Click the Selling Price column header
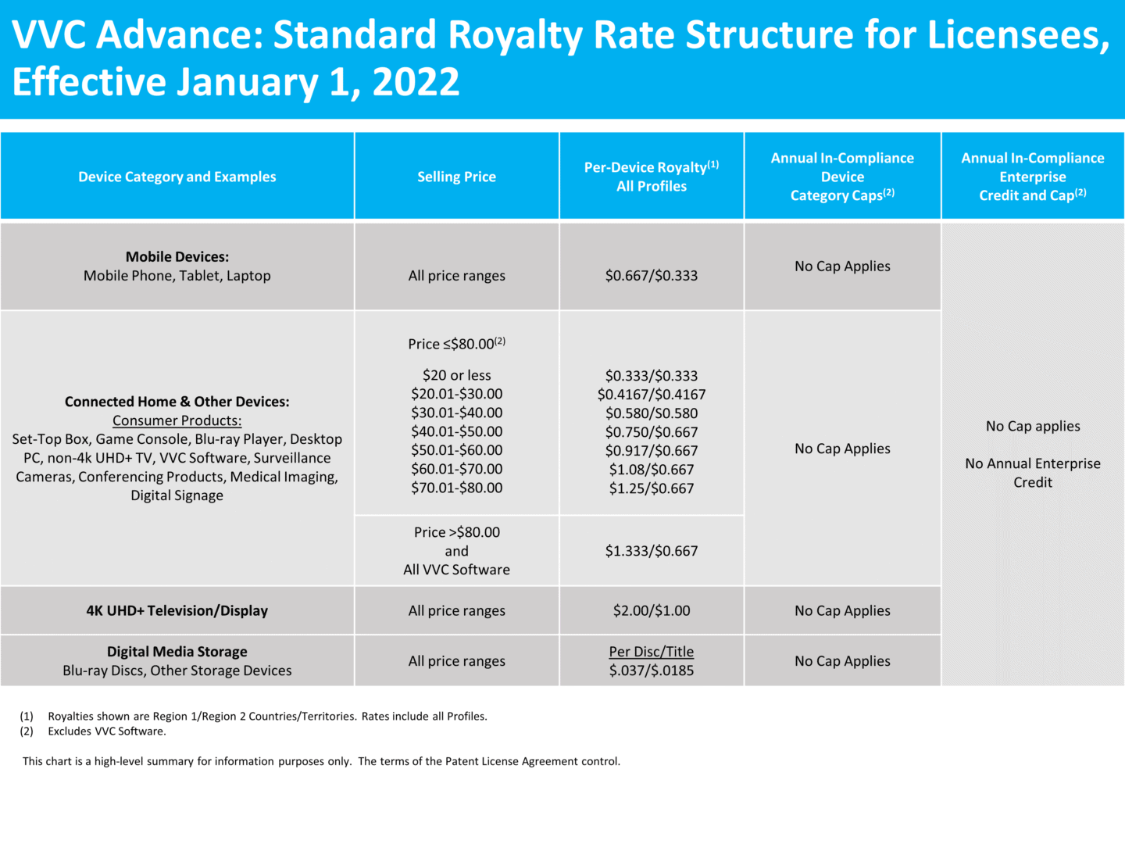456,177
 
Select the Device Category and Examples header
177,177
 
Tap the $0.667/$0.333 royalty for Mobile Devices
651,275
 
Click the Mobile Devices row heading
177,257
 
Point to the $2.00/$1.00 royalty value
651,610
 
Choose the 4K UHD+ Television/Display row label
177,610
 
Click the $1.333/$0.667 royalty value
651,551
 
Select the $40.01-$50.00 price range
456,431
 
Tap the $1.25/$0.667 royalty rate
651,488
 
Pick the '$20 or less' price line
456,375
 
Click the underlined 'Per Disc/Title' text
651,652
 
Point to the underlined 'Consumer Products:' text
177,420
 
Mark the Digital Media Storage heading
177,652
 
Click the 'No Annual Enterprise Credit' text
1032,473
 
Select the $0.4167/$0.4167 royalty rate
651,395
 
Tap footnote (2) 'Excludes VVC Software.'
107,731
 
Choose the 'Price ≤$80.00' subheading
456,344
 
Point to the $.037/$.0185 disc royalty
651,671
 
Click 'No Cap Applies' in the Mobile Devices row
842,266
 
